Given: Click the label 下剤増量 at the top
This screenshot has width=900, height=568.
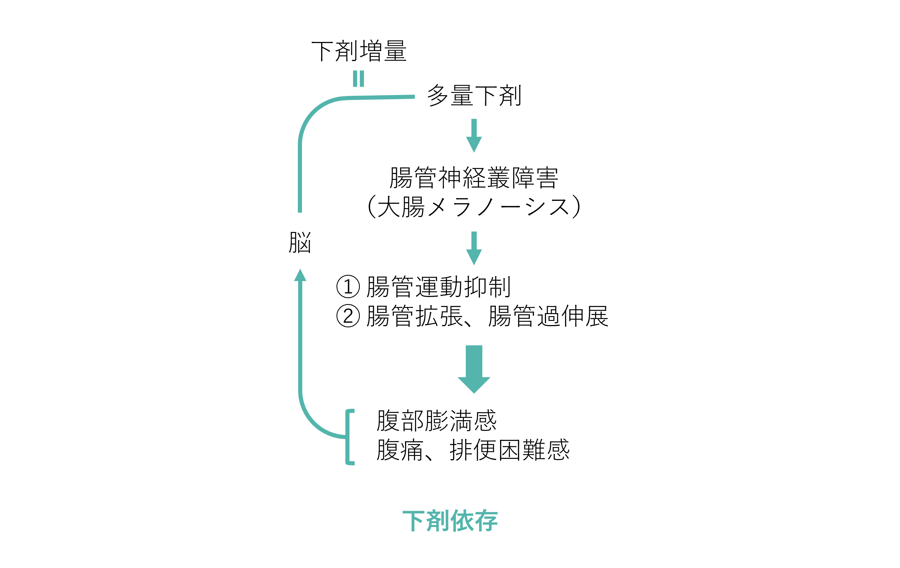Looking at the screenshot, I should [x=359, y=51].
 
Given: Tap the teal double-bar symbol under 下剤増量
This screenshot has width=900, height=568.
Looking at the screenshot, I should [x=358, y=79].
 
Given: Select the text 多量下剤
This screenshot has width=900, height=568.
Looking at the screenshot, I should [x=474, y=96].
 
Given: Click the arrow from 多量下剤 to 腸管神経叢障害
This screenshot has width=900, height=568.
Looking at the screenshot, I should [x=474, y=135].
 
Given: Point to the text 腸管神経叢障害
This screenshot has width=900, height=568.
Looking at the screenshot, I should [x=474, y=178].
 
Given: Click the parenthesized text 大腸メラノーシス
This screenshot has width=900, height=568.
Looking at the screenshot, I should [x=474, y=206].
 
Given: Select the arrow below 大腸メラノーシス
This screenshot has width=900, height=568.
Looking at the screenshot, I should [x=474, y=248].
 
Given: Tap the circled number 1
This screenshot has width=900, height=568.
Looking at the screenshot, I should [x=348, y=287].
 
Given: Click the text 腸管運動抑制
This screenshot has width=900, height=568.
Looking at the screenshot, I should [x=438, y=287].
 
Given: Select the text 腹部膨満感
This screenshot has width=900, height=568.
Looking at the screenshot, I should [x=436, y=421].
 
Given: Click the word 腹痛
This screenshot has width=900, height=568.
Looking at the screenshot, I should [x=399, y=450].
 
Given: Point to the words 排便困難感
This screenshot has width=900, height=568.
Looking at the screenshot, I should [x=509, y=450].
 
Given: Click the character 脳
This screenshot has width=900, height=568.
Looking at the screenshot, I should [x=300, y=243].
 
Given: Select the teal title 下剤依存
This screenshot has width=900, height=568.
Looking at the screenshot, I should [x=450, y=521].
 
